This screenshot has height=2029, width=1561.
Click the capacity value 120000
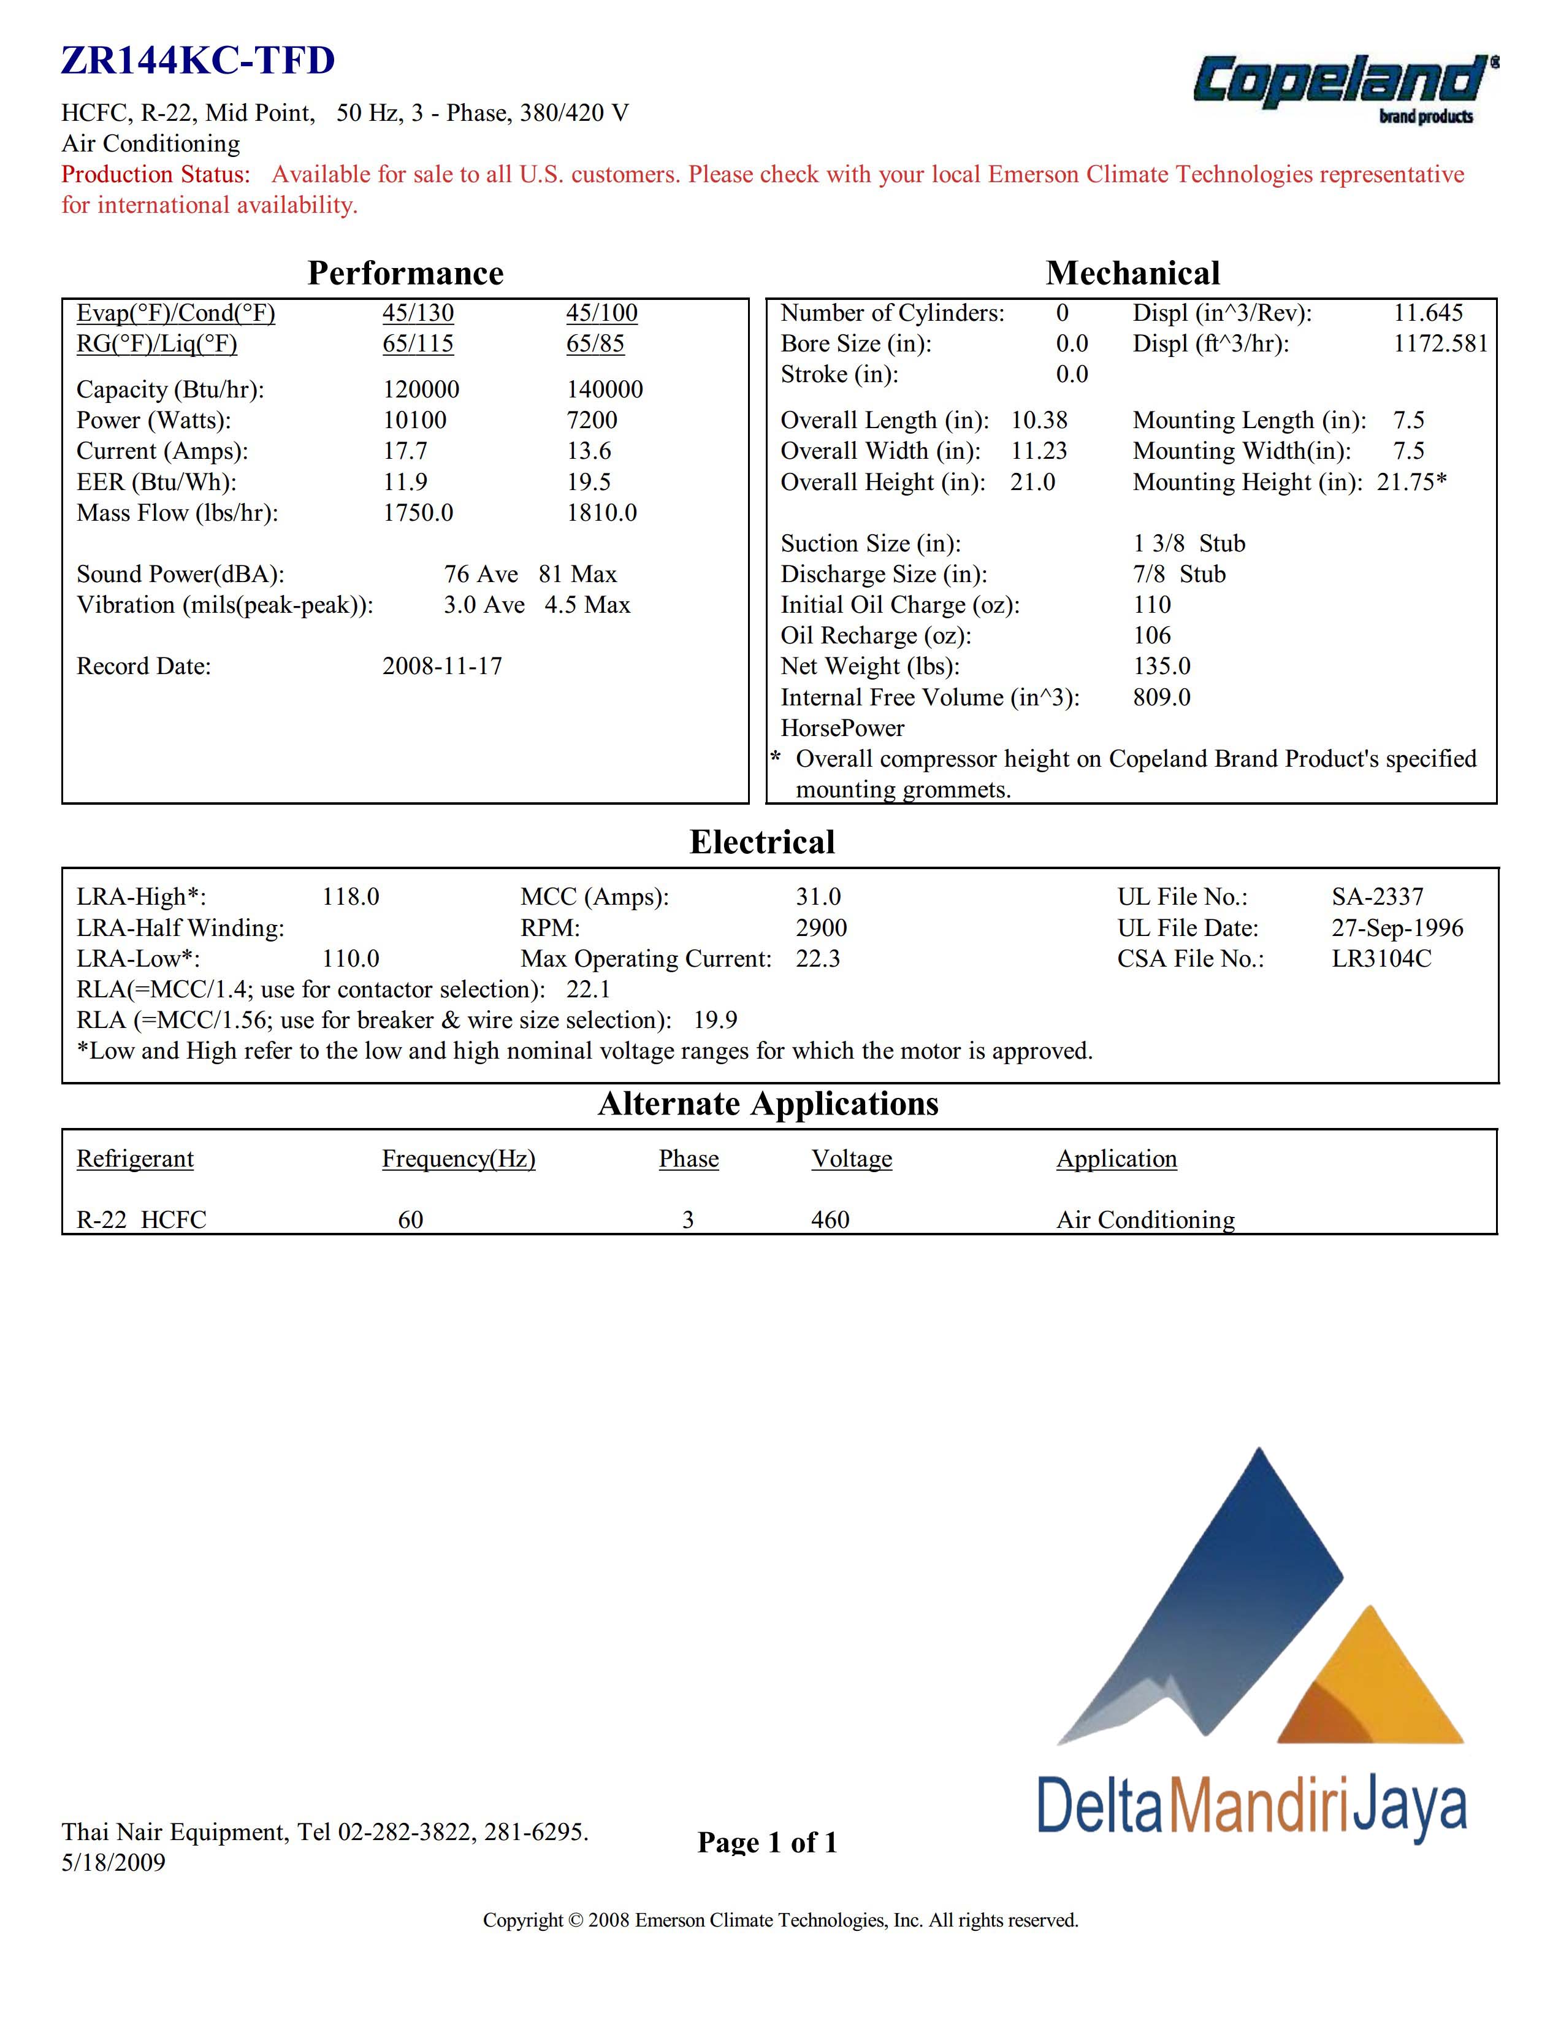[421, 389]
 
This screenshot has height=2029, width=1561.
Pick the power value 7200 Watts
[592, 420]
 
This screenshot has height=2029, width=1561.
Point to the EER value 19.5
[589, 481]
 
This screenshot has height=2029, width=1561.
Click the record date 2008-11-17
[442, 666]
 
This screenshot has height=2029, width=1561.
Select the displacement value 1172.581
[1440, 343]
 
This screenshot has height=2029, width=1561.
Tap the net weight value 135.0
[1161, 666]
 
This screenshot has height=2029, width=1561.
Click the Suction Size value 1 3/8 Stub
[1189, 543]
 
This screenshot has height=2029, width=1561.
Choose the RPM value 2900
[821, 927]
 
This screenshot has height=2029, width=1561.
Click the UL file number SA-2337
[1377, 897]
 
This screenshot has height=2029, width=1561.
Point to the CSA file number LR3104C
[1381, 958]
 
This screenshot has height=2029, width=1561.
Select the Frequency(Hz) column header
[459, 1159]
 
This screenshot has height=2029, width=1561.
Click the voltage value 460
[830, 1220]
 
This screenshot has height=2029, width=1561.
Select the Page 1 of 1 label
[767, 1843]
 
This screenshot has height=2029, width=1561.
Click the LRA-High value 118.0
[350, 897]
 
